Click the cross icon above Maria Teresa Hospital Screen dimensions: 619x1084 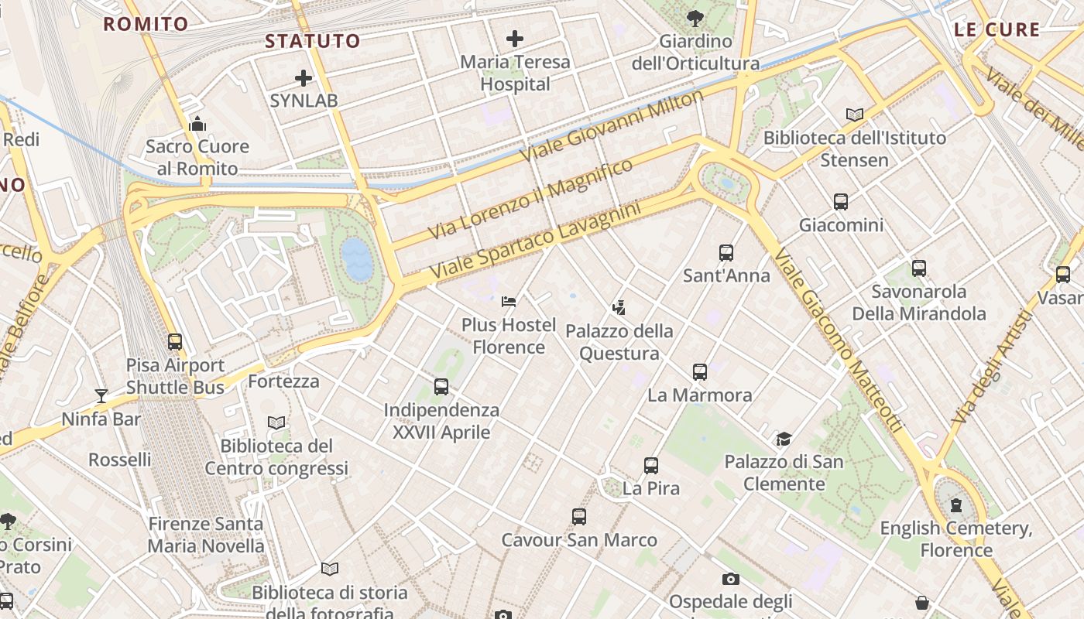point(515,38)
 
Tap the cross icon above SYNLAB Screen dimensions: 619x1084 point(304,77)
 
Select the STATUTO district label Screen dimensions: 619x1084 point(313,41)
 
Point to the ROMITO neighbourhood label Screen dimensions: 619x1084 point(146,24)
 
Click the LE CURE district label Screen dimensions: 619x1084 point(997,30)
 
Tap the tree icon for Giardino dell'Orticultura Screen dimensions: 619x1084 point(695,17)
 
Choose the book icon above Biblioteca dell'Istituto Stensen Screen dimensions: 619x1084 point(855,115)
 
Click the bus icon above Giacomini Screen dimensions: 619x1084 point(841,202)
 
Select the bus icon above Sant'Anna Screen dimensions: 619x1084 point(726,252)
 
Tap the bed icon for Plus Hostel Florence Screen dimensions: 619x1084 point(509,301)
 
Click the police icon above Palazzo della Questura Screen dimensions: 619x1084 point(618,308)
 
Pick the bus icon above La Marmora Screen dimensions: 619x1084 point(700,371)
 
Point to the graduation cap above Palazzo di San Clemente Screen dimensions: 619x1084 point(784,439)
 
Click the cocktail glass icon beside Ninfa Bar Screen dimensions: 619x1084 point(101,396)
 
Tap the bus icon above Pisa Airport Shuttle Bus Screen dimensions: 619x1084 point(175,341)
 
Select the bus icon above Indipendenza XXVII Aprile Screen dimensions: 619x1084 point(441,386)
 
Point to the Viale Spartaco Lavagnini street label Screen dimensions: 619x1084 point(536,241)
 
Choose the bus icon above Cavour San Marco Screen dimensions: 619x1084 point(579,517)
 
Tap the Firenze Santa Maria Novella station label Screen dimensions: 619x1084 point(206,535)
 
